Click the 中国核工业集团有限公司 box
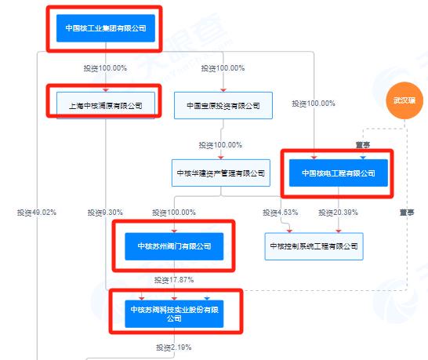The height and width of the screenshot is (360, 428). [106, 28]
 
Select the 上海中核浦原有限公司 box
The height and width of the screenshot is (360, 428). [106, 105]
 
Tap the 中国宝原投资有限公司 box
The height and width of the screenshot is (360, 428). [223, 105]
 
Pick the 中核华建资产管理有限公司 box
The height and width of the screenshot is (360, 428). [221, 173]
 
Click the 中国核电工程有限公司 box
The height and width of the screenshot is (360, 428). [339, 173]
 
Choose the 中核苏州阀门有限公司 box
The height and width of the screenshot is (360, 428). [174, 246]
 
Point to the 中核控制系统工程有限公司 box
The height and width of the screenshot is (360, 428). [314, 246]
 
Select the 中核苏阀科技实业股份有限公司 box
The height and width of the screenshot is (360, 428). [174, 314]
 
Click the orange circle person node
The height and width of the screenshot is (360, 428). [404, 100]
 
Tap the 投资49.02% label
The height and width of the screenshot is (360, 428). [37, 213]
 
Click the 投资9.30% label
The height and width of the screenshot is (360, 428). [105, 213]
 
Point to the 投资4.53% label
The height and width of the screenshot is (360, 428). [281, 213]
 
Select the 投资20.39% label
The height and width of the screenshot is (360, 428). [338, 213]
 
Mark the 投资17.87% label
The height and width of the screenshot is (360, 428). [174, 280]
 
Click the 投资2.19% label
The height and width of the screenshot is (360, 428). [173, 347]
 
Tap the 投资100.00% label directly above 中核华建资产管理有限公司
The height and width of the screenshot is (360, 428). [220, 145]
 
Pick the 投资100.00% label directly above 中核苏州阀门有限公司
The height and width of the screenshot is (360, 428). [174, 213]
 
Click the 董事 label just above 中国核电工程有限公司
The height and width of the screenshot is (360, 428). [363, 145]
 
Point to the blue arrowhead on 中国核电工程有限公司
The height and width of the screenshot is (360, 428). [363, 158]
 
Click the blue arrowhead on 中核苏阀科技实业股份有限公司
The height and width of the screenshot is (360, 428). [207, 298]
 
